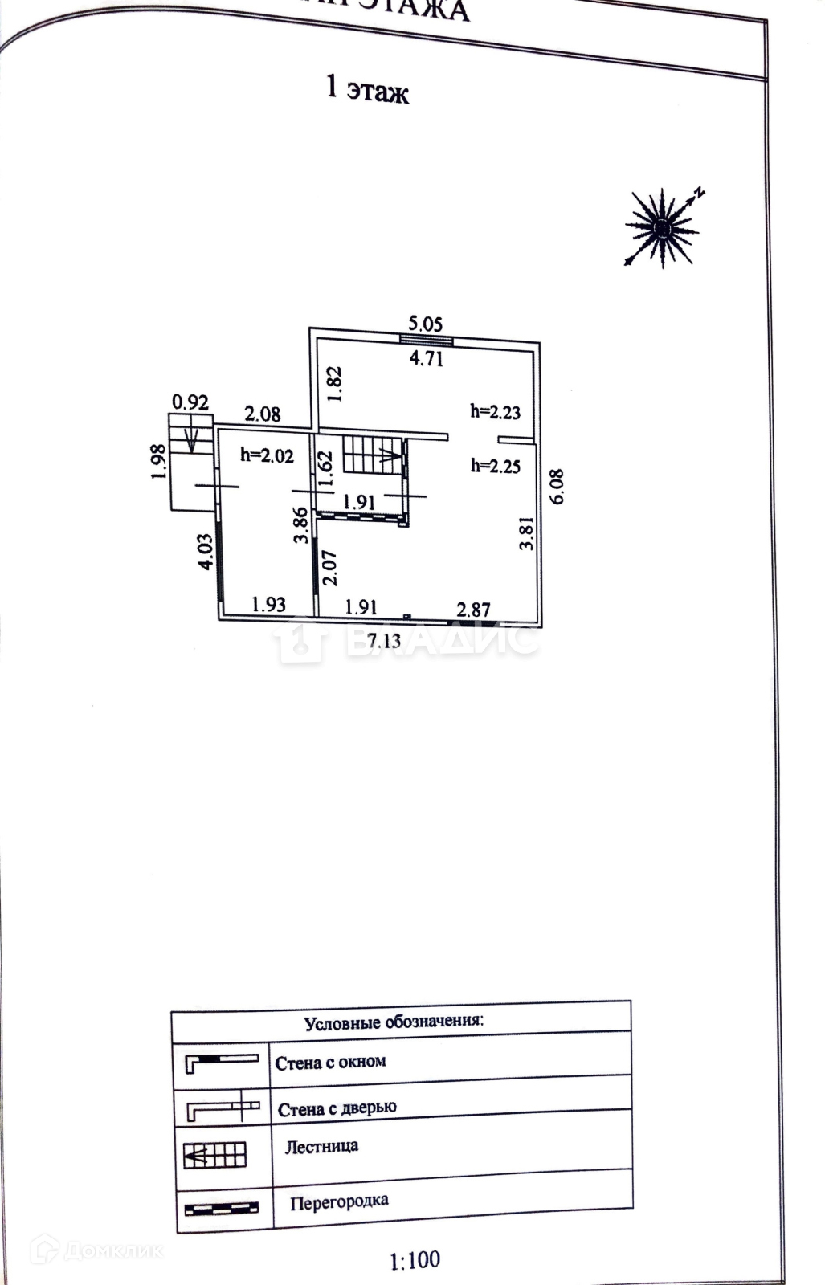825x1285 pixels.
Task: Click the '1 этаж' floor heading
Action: pyautogui.click(x=366, y=88)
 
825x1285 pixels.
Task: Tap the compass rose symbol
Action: pyautogui.click(x=662, y=228)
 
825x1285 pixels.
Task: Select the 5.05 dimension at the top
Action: pyautogui.click(x=425, y=324)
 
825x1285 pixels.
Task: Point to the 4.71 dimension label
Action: pyautogui.click(x=426, y=358)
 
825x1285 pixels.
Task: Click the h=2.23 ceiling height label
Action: pyautogui.click(x=495, y=412)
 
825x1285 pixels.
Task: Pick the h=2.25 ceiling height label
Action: pyautogui.click(x=495, y=465)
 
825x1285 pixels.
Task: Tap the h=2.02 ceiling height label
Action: pyautogui.click(x=267, y=455)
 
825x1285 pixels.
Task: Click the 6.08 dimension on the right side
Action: pyautogui.click(x=557, y=487)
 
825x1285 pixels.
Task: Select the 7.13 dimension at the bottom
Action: pyautogui.click(x=383, y=640)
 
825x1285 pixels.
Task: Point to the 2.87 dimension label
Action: pyautogui.click(x=473, y=610)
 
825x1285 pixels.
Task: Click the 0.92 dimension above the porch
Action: pyautogui.click(x=190, y=402)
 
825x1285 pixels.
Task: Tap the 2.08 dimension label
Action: pyautogui.click(x=263, y=414)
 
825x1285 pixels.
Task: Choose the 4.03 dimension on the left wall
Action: pyautogui.click(x=206, y=553)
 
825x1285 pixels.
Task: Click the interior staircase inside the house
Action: pyautogui.click(x=373, y=455)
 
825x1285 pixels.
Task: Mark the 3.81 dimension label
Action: pyautogui.click(x=527, y=532)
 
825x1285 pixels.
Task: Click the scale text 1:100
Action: pyautogui.click(x=415, y=1260)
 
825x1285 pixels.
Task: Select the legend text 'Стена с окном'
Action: pyautogui.click(x=330, y=1063)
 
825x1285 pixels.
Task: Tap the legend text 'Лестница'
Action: pyautogui.click(x=321, y=1146)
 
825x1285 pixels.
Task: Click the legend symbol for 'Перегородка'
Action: pyautogui.click(x=221, y=1208)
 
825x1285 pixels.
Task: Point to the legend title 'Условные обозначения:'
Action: pyautogui.click(x=394, y=1022)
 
